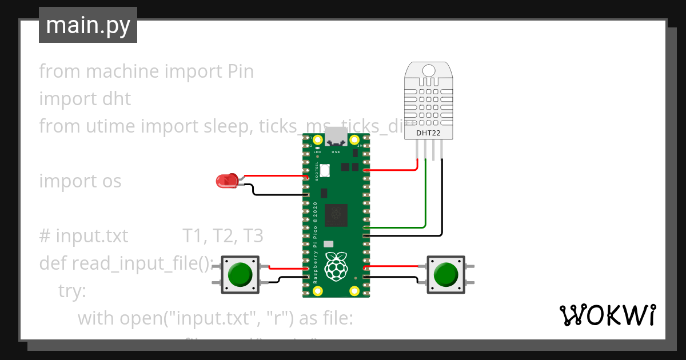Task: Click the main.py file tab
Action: click(x=87, y=25)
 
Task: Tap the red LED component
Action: click(x=226, y=181)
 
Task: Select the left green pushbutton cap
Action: click(x=240, y=274)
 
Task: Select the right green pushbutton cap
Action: click(x=445, y=274)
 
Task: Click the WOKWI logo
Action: click(x=607, y=315)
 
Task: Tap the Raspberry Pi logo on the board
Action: click(x=336, y=266)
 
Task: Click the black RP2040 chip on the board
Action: click(x=336, y=215)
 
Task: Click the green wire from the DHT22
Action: click(x=425, y=200)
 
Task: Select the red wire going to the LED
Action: click(x=274, y=176)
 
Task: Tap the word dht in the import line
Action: click(x=116, y=99)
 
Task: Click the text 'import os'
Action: click(x=80, y=181)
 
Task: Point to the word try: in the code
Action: click(x=71, y=290)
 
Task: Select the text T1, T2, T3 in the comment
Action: click(x=223, y=235)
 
